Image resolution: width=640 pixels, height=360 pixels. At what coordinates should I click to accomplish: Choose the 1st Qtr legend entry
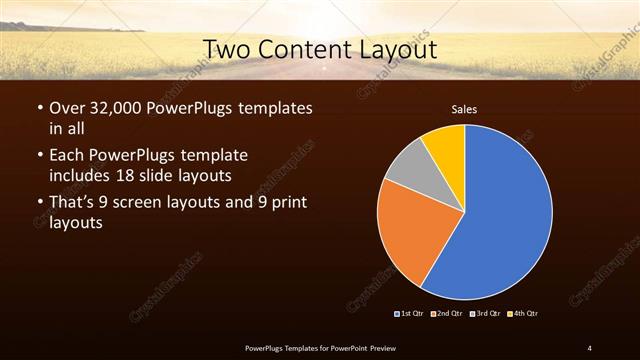click(x=410, y=314)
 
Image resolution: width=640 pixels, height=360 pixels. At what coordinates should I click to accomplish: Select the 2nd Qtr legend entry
click(x=447, y=314)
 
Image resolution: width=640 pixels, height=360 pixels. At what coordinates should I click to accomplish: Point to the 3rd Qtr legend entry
click(x=485, y=314)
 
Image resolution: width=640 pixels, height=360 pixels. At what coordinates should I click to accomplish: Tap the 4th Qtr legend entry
click(x=522, y=314)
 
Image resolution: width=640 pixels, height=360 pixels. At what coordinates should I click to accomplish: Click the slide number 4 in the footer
click(x=590, y=347)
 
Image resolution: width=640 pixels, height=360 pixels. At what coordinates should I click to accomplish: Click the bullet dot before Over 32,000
click(x=38, y=108)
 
